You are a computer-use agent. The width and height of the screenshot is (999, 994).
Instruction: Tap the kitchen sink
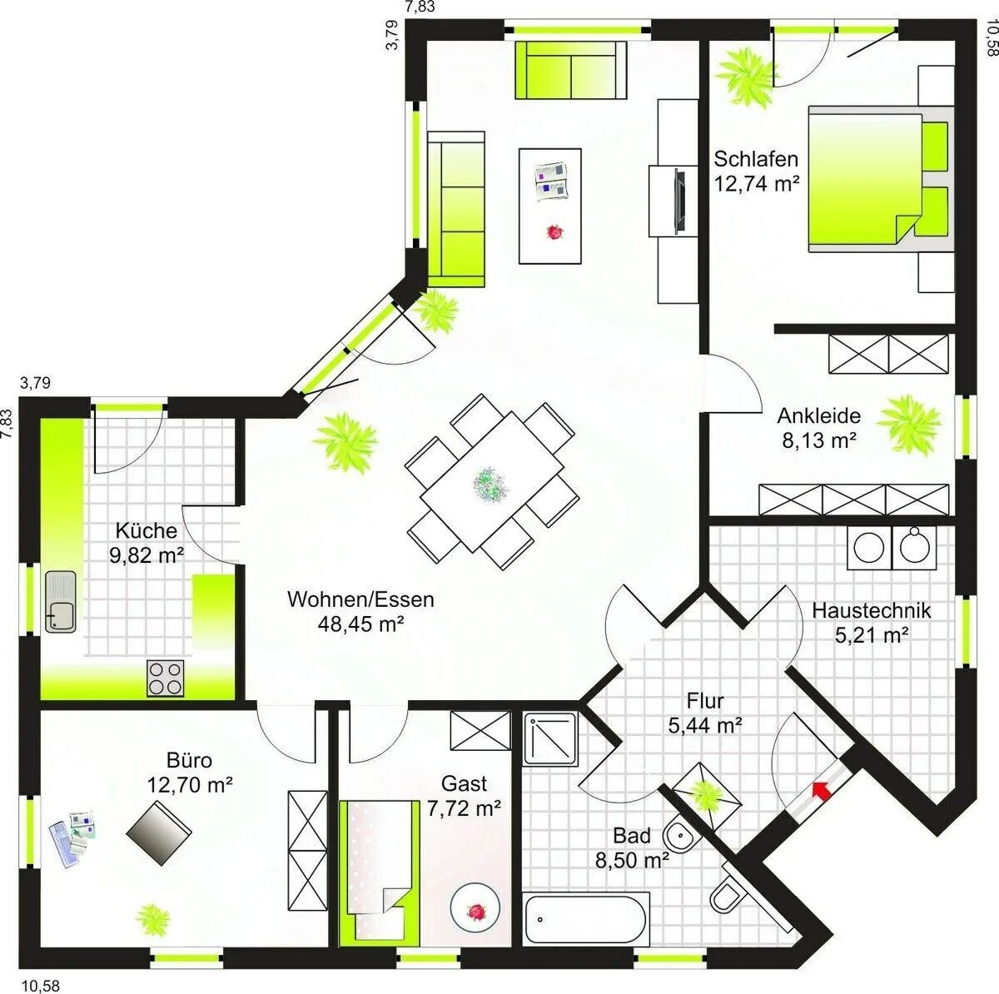61,602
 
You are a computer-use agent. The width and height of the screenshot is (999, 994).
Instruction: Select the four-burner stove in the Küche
166,678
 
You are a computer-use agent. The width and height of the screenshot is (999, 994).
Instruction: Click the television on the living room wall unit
679,200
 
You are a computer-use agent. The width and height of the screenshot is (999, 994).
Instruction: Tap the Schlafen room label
756,159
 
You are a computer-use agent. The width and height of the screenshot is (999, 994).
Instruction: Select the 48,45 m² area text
360,624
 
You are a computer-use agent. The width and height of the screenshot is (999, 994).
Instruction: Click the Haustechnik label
872,610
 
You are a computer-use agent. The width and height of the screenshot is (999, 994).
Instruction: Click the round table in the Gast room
475,911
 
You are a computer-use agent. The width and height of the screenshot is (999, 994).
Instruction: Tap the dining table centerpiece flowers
490,484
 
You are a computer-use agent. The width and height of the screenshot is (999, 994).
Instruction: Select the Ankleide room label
818,415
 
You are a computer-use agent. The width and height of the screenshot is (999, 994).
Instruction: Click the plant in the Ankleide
909,424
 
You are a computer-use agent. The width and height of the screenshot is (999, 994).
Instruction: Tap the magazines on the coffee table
552,181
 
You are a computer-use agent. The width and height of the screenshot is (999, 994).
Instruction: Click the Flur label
704,702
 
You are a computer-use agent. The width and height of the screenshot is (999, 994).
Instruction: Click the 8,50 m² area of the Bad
631,861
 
